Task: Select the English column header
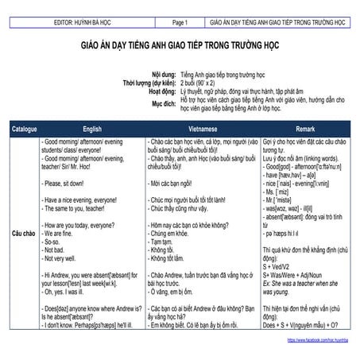coord(91,128)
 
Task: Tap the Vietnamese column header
coord(199,128)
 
